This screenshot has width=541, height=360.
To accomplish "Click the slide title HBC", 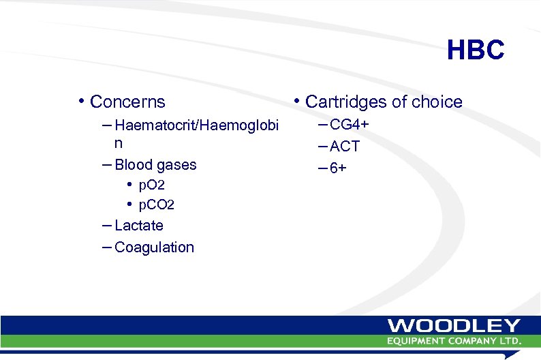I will tap(476, 50).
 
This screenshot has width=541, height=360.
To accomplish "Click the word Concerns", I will tap(127, 102).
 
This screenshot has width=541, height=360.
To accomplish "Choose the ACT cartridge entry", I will tap(344, 147).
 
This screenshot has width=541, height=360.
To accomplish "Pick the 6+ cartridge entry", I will tap(338, 168).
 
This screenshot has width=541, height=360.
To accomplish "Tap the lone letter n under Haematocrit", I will tap(119, 145).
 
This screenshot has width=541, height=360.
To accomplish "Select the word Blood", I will tap(132, 165).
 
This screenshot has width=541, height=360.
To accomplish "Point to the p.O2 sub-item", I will tap(151, 185).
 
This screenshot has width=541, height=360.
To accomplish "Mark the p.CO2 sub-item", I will tap(156, 205).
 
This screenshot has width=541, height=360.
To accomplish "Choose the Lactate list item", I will tap(139, 226).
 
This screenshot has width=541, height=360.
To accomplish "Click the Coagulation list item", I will tap(154, 247).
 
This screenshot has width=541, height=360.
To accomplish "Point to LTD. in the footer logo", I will tap(510, 340).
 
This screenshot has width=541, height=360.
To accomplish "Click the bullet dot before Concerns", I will tap(81, 102).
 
